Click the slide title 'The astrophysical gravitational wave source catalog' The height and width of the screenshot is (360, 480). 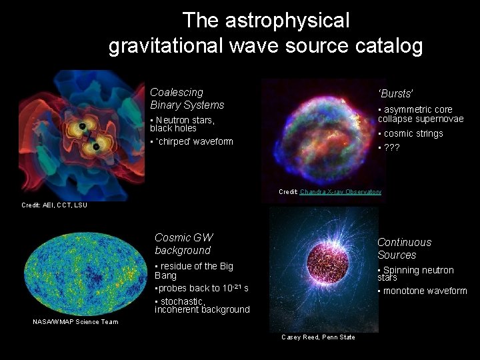[x=265, y=33]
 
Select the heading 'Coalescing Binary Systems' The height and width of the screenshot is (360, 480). [x=187, y=99]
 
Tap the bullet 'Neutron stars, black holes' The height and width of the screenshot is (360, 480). [x=183, y=124]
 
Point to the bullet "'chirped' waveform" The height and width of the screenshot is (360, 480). [x=192, y=141]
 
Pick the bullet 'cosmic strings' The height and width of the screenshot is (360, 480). [x=411, y=133]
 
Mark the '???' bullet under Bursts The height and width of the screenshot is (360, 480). [x=389, y=147]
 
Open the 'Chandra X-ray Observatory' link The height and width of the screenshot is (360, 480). [x=341, y=191]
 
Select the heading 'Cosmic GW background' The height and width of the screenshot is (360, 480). [x=183, y=244]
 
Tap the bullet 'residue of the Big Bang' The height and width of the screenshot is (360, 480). [x=193, y=271]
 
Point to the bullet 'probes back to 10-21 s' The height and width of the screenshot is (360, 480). [x=201, y=288]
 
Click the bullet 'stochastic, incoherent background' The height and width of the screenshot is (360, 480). [x=202, y=305]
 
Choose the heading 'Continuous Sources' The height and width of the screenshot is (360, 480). [x=404, y=249]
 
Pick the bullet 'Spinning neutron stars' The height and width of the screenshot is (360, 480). [x=415, y=273]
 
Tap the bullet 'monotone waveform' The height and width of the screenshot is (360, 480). [x=423, y=291]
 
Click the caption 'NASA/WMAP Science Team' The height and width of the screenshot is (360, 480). [x=75, y=322]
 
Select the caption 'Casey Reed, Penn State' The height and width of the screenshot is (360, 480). [x=318, y=337]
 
